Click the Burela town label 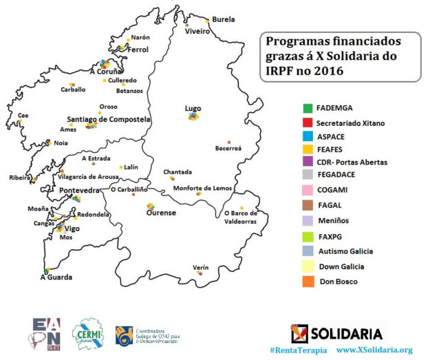click(224, 19)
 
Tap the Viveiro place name click(196, 32)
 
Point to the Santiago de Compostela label click(109, 119)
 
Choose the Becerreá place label click(228, 148)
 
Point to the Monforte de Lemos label click(200, 189)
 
